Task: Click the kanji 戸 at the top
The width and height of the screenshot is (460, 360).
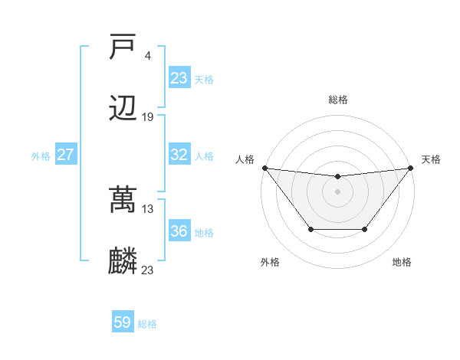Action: coord(123,48)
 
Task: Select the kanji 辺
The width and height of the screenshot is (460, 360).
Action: coord(123,108)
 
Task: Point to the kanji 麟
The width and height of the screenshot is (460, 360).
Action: coord(123,261)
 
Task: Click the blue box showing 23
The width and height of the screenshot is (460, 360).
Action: coord(179,77)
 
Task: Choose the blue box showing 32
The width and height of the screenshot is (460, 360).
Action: coord(179,155)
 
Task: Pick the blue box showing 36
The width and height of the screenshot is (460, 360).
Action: coord(179,231)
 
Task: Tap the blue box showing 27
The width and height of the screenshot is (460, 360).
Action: coord(66,155)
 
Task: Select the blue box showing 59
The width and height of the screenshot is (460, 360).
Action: coord(123,322)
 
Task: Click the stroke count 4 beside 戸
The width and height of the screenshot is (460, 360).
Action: coord(147,55)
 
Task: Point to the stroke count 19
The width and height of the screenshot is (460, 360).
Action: coord(148,116)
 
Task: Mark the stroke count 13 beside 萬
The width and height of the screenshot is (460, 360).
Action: coord(148,208)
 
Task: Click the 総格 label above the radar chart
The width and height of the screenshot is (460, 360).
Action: coord(337,100)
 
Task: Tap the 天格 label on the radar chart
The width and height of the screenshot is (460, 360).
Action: coord(431,159)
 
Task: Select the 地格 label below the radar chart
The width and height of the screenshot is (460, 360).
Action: coord(402,262)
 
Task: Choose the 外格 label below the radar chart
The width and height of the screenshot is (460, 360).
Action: coord(270,262)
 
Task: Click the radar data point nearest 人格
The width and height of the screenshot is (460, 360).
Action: coord(264,168)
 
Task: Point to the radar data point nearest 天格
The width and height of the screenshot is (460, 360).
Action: coord(410,168)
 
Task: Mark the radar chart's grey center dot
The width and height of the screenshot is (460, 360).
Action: coord(337,191)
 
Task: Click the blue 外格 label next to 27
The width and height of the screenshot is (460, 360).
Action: coord(41,156)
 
